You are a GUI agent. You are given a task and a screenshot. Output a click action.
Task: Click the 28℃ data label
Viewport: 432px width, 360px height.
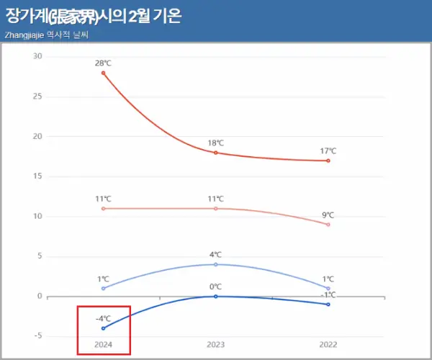(104, 63)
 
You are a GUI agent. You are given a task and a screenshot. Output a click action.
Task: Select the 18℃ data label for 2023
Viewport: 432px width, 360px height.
(216, 143)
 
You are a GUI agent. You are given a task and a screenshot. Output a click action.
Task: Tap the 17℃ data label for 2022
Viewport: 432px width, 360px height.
(328, 151)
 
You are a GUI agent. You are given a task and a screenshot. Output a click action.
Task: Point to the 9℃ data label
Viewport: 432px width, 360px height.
(328, 215)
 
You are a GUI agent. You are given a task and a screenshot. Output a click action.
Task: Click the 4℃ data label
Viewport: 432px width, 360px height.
(216, 255)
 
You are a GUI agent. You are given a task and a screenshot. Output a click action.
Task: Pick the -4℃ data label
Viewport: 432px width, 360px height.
(103, 318)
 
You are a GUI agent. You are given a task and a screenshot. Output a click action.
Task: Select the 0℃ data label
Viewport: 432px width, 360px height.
(216, 287)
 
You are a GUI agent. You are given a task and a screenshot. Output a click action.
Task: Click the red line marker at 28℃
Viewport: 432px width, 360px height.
(104, 73)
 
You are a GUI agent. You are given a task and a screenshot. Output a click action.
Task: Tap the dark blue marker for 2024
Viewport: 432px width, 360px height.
(104, 328)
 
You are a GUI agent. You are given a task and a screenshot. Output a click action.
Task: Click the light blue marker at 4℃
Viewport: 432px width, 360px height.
(216, 264)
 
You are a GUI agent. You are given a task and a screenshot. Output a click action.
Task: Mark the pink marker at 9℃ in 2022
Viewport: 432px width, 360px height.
(328, 225)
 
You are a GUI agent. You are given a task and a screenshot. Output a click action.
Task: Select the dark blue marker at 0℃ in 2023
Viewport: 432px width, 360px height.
(216, 296)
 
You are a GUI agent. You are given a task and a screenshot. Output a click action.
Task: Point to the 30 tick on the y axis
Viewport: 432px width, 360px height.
(37, 57)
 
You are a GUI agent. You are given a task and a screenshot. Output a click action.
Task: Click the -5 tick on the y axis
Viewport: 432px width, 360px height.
(37, 336)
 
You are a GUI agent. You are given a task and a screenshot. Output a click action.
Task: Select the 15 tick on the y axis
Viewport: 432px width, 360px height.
(37, 176)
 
